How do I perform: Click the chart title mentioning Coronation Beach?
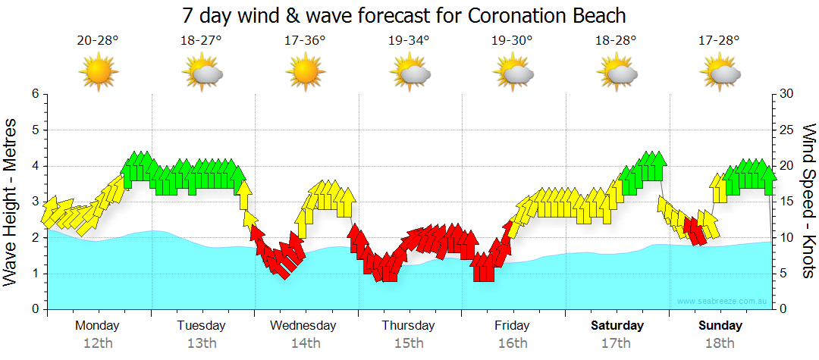click(404, 14)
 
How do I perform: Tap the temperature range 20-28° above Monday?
click(98, 40)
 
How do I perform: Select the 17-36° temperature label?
click(305, 40)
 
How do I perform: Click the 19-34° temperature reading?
click(409, 40)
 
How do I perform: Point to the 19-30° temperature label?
click(512, 40)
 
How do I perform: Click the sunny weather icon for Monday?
click(98, 73)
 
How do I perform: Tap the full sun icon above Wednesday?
click(305, 73)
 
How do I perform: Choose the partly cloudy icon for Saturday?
click(616, 73)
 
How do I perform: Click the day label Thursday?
click(408, 326)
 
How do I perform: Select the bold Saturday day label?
click(617, 326)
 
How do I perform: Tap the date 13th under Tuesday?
click(201, 343)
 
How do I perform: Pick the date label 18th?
click(720, 343)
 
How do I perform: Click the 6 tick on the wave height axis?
click(34, 94)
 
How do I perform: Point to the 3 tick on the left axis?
click(34, 202)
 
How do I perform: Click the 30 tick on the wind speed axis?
click(786, 94)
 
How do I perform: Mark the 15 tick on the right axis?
click(786, 202)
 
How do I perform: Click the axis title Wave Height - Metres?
click(11, 202)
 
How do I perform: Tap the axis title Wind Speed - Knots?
click(808, 202)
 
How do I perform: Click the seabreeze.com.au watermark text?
click(723, 302)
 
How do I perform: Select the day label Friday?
click(512, 326)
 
